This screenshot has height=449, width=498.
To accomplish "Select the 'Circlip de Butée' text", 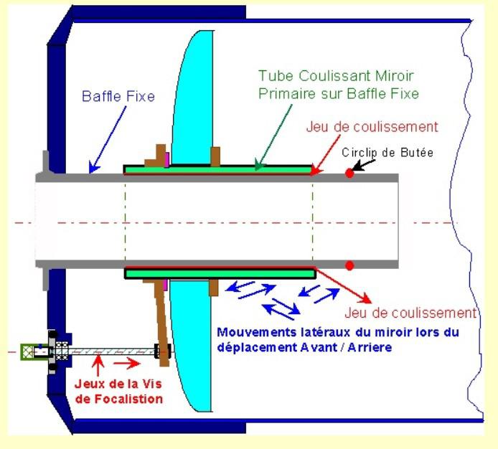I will click(387, 153).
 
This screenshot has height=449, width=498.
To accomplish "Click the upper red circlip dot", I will click(349, 173).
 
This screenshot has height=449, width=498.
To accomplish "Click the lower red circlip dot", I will click(349, 265).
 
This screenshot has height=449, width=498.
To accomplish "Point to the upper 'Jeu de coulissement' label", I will click(372, 128).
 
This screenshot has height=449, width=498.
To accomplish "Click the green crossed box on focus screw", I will click(29, 351).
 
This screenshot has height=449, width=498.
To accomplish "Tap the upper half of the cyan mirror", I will click(197, 100).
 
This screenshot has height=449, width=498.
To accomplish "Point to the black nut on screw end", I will click(163, 351).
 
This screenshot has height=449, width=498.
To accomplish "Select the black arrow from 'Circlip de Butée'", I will click(365, 165).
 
